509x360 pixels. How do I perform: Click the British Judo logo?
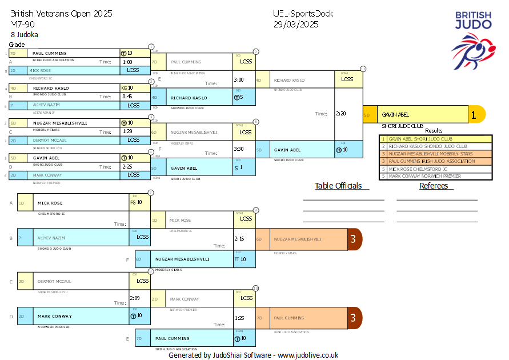pyautogui.click(x=473, y=39)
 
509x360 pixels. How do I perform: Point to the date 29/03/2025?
pyautogui.click(x=296, y=24)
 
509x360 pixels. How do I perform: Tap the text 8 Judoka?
pyautogui.click(x=25, y=34)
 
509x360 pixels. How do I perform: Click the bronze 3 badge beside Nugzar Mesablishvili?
pyautogui.click(x=355, y=239)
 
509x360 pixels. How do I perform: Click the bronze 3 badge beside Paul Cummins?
pyautogui.click(x=355, y=318)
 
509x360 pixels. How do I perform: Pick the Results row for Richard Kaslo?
pyautogui.click(x=436, y=146)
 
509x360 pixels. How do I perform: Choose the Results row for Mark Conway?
pyautogui.click(x=436, y=176)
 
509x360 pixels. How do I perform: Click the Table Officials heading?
pyautogui.click(x=338, y=186)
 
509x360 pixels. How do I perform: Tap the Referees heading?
pyautogui.click(x=436, y=186)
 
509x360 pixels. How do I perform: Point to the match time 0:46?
pyautogui.click(x=127, y=97)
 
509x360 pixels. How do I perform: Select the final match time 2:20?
pyautogui.click(x=341, y=114)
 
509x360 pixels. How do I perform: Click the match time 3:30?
pyautogui.click(x=239, y=149)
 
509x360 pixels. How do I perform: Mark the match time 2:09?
pyautogui.click(x=134, y=298)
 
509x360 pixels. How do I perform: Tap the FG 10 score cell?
pyautogui.click(x=135, y=202)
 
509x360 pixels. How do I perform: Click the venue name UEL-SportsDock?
pyautogui.click(x=303, y=14)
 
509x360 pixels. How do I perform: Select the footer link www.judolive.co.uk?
pyautogui.click(x=308, y=355)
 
